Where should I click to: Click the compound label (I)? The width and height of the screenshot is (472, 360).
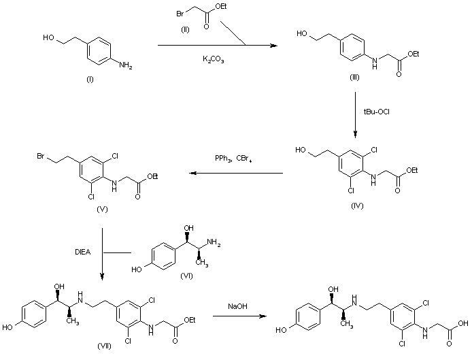(x=90, y=80)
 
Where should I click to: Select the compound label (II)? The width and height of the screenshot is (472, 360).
(x=185, y=29)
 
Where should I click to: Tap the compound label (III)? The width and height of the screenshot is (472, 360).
(x=354, y=78)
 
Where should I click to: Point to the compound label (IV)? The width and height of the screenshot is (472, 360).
(x=357, y=206)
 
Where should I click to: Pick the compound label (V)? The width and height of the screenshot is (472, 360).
(x=102, y=209)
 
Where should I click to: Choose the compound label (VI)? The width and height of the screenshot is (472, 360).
(x=186, y=276)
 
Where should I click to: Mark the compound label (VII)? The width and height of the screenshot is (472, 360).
(x=104, y=346)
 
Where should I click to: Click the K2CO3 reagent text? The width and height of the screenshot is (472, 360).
(x=213, y=59)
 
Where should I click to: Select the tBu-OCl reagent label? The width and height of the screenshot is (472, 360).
(x=377, y=112)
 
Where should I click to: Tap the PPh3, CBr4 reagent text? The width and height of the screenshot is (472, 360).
(x=233, y=159)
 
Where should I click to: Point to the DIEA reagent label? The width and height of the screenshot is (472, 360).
(x=83, y=252)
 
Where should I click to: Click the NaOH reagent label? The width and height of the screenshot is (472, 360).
(x=237, y=306)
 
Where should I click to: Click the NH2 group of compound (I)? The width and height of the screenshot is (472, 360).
(x=126, y=65)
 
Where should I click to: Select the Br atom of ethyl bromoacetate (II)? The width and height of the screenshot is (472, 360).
(x=180, y=14)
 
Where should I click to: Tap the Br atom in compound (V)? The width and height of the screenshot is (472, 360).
(x=41, y=156)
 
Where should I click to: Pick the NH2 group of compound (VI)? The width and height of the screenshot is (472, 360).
(x=214, y=242)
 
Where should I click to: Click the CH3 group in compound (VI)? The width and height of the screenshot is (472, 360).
(x=202, y=263)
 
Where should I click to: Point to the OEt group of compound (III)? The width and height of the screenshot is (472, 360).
(x=414, y=54)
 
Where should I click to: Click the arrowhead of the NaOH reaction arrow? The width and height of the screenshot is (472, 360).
(x=263, y=316)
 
